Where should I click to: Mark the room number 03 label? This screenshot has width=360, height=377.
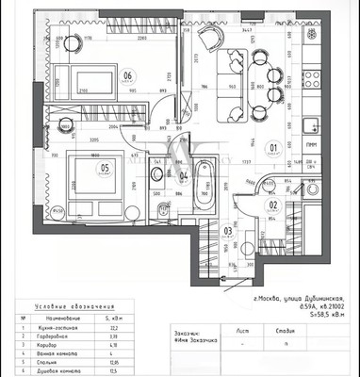226,229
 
